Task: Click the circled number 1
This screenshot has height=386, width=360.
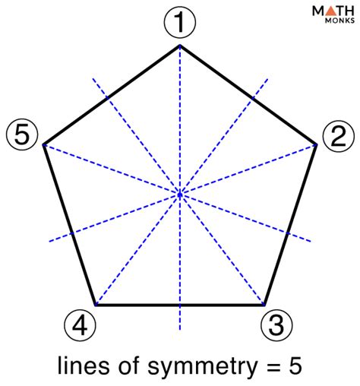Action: tap(180, 22)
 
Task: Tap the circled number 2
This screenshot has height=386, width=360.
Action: tap(338, 136)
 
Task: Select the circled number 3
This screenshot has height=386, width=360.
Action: tap(276, 324)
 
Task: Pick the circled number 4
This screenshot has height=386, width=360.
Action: tap(80, 324)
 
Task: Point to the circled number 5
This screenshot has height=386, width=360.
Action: tap(22, 134)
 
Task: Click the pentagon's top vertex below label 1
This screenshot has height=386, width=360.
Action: tap(180, 46)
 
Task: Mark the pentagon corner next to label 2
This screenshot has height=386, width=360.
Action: tap(316, 144)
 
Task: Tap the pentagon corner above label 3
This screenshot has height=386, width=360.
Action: tap(264, 305)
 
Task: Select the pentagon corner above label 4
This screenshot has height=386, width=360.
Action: tap(96, 305)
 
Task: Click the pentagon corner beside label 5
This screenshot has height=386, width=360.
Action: tap(43, 144)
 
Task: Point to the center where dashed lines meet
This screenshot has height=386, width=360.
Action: tap(180, 195)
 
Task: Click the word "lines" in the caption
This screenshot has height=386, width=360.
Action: tap(84, 365)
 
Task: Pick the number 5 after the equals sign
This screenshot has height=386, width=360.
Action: tap(295, 365)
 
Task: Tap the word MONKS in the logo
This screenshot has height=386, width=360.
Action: tap(339, 21)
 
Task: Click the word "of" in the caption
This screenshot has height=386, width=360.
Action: tap(129, 365)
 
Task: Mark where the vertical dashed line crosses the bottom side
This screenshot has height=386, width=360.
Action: tap(180, 305)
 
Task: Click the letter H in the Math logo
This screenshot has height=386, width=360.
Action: tap(349, 11)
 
